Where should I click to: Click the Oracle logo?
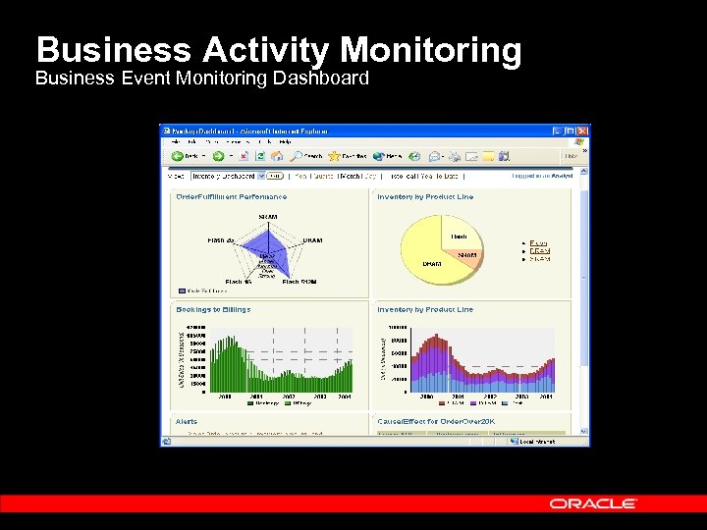(593, 503)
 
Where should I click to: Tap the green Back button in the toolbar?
(183, 155)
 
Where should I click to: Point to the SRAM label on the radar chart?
(267, 216)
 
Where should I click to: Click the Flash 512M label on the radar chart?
(299, 282)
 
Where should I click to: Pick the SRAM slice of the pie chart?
(467, 256)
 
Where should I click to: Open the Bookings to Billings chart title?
(213, 309)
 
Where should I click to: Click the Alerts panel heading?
(186, 422)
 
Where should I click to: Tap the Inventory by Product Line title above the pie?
(425, 196)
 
